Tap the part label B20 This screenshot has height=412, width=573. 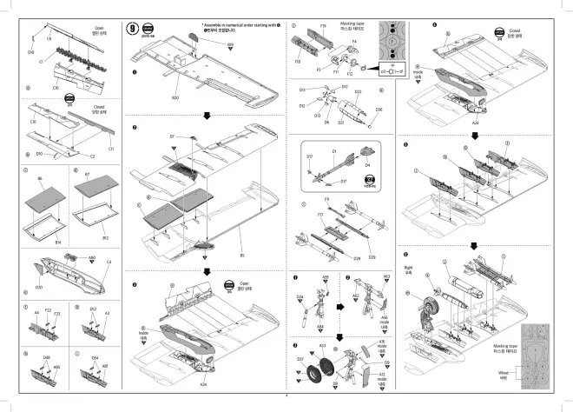point(175,98)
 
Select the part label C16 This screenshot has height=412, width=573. point(56,88)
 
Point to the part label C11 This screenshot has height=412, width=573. point(111,149)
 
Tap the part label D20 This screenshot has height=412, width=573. point(38,287)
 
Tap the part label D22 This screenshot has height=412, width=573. point(358,91)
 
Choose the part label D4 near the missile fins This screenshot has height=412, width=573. point(367,164)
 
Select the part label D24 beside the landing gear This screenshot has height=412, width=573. point(300,297)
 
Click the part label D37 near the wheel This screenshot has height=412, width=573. point(300,358)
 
